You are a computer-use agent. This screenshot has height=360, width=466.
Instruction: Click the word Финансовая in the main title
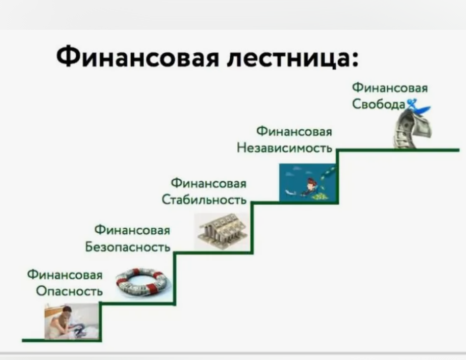tap(137, 57)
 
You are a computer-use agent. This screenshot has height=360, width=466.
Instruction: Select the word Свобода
tap(379, 104)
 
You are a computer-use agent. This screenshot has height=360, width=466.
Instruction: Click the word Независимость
tap(284, 148)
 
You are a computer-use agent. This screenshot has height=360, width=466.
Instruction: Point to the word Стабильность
tap(204, 199)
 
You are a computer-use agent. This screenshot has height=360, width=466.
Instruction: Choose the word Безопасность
tap(128, 246)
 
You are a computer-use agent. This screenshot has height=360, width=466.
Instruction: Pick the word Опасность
tap(69, 291)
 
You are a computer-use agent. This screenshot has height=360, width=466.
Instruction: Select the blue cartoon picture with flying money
tap(307, 182)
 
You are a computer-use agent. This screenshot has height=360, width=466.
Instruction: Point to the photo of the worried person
tap(71, 321)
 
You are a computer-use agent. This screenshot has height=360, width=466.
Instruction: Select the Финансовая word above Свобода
tap(390, 88)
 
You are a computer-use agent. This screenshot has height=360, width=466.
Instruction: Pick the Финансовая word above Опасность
tap(65, 275)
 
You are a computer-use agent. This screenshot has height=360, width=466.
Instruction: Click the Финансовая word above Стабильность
tap(209, 183)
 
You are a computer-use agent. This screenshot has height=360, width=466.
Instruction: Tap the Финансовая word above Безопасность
tap(132, 230)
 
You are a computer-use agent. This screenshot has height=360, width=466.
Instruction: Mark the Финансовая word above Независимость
tap(294, 131)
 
